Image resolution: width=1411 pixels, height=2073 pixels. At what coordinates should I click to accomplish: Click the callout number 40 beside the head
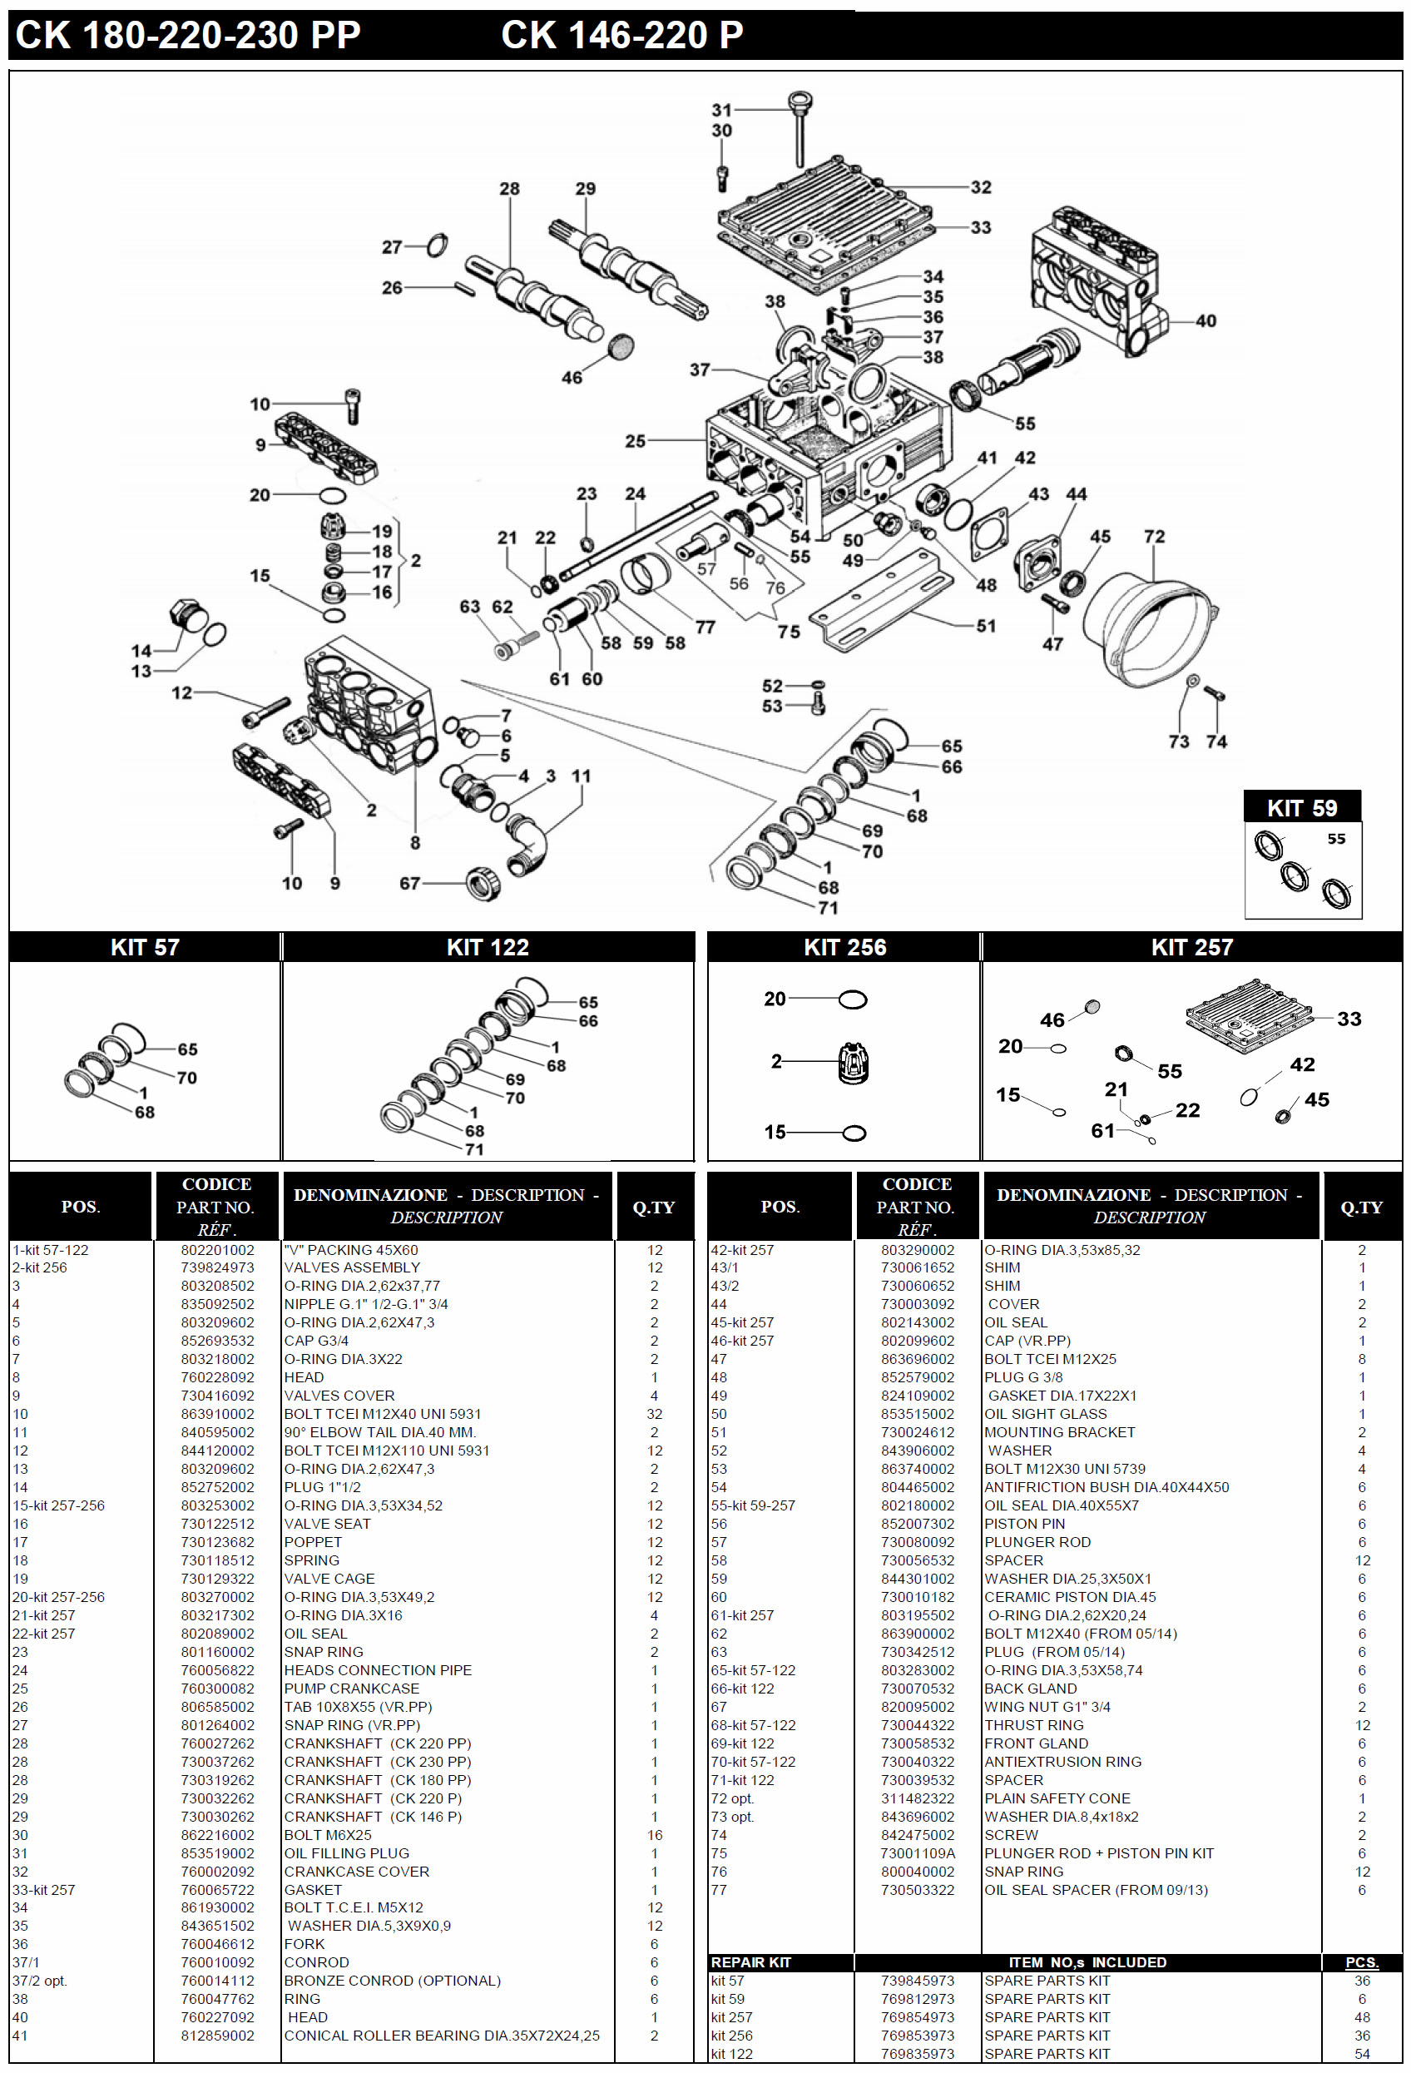1205,320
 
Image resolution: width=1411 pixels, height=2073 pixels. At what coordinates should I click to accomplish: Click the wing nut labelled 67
483,883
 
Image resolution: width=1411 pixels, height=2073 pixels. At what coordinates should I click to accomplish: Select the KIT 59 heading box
1301,807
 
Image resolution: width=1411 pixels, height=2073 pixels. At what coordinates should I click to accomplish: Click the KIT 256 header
844,947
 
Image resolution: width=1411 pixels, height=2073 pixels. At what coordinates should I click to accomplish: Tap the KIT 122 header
487,947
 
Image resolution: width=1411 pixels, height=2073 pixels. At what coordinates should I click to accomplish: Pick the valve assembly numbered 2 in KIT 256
854,1063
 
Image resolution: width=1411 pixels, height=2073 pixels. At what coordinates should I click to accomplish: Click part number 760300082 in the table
217,1689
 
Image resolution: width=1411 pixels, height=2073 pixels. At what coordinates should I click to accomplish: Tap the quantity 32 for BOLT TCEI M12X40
654,1414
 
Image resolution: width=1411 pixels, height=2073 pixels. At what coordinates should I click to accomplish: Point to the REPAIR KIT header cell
751,1962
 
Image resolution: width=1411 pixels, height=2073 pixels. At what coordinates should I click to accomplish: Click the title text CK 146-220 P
621,36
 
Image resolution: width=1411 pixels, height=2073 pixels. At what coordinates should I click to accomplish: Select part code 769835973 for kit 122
917,2053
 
